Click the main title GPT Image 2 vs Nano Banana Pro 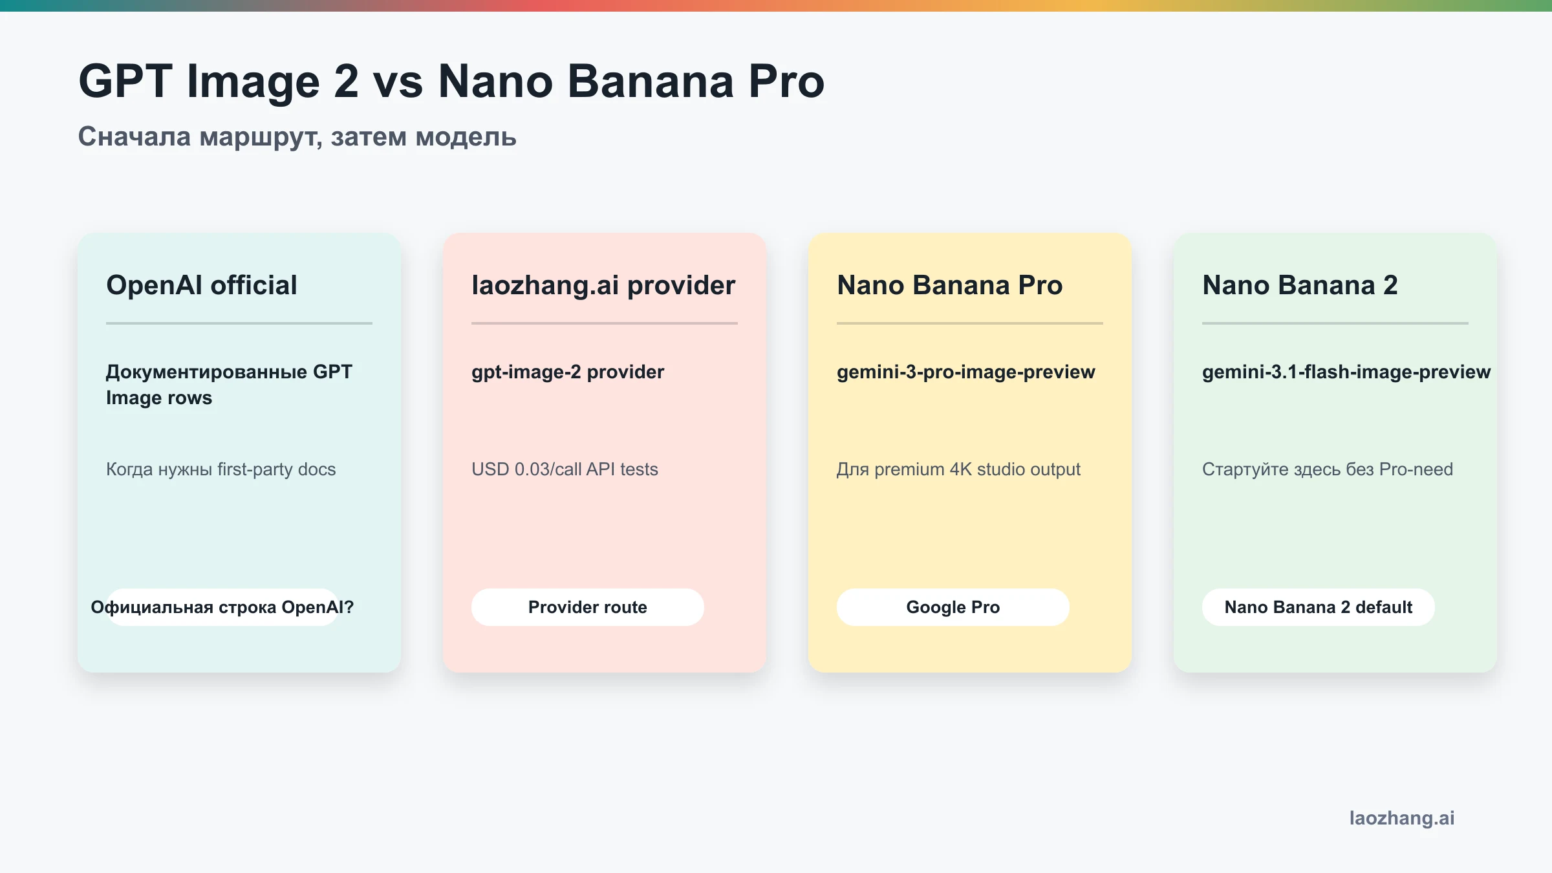pos(451,81)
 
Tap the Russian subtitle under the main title pos(297,136)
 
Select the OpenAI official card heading pos(201,285)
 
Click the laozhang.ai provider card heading pos(603,285)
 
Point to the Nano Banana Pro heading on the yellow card pos(949,285)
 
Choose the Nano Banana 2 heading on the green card pos(1300,285)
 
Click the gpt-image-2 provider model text pos(567,372)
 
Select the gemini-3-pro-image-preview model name pos(965,372)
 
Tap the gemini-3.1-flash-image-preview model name pos(1346,372)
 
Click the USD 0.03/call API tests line pos(565,469)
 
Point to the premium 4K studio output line pos(958,469)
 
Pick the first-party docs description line pos(221,469)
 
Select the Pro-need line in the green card pos(1327,469)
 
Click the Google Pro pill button pos(953,607)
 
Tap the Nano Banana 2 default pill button pos(1318,607)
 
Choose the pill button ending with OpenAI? pos(222,607)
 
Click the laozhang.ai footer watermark pos(1401,818)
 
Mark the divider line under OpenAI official pos(239,323)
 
